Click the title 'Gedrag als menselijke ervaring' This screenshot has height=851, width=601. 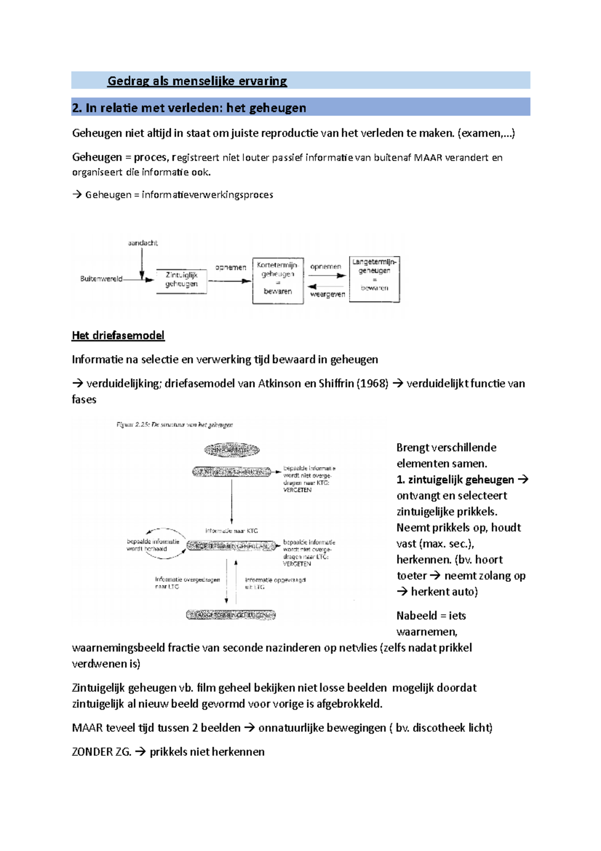(x=197, y=81)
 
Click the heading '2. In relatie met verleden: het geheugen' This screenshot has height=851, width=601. (x=189, y=108)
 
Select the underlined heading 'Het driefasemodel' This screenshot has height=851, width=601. (x=118, y=335)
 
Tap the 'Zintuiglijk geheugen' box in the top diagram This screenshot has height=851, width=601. (x=181, y=280)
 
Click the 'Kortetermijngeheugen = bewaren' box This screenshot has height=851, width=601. (x=278, y=280)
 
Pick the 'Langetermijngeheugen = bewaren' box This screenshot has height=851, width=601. (x=374, y=278)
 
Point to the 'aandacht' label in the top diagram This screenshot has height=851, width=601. (x=143, y=243)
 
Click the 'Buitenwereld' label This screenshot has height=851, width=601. (x=101, y=279)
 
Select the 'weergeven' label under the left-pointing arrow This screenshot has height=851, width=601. (x=328, y=294)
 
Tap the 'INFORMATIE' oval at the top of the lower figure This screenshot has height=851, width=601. (x=231, y=450)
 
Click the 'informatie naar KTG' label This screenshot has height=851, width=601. (x=231, y=531)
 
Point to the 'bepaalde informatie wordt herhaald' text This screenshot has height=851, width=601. (x=152, y=545)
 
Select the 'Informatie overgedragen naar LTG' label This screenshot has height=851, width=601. (x=187, y=583)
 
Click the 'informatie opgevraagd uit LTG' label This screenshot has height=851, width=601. (x=274, y=583)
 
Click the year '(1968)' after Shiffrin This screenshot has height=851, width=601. (x=372, y=383)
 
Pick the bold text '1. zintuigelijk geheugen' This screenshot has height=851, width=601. (x=455, y=480)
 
